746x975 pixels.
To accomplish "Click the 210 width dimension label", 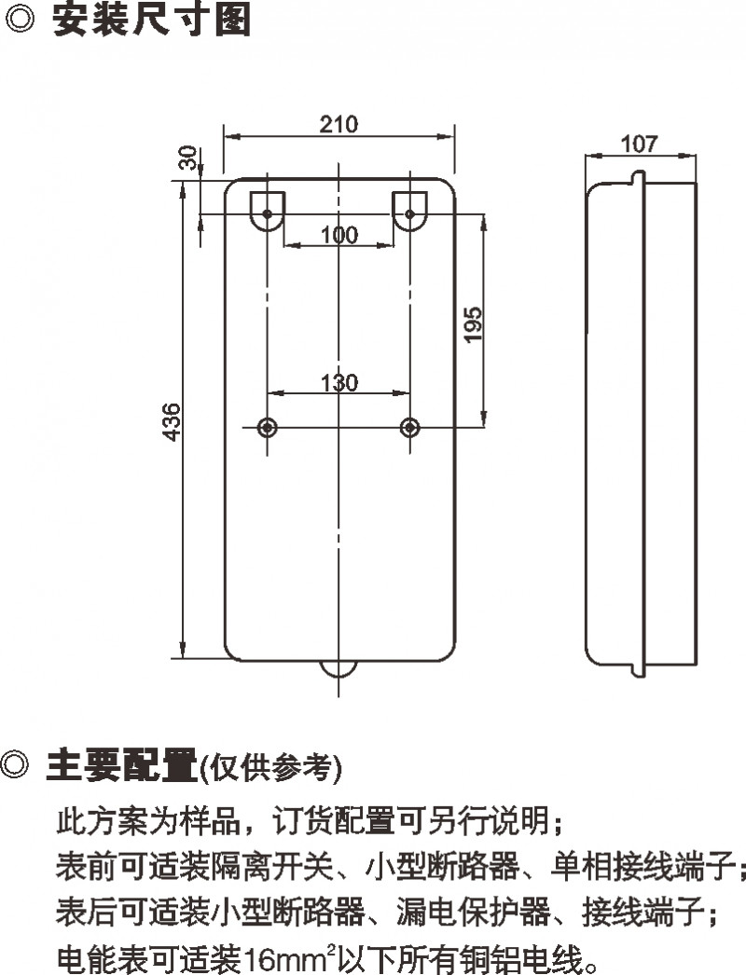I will coord(338,124).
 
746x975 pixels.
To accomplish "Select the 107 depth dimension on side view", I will coord(639,144).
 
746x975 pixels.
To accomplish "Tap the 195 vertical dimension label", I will coord(473,323).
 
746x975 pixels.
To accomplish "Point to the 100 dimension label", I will coord(338,235).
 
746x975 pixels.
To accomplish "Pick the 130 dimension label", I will coord(338,381).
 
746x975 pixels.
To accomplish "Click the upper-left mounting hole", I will coord(268,214).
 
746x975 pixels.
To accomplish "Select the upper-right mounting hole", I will coord(409,214).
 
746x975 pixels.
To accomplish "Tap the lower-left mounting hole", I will coord(268,427).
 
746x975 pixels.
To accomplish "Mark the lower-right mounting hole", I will coord(409,427).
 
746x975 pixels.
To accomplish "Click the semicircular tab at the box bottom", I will coord(339,668).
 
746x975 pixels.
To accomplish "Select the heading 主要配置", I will coord(121,766).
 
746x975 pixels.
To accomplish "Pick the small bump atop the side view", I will coord(636,175).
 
